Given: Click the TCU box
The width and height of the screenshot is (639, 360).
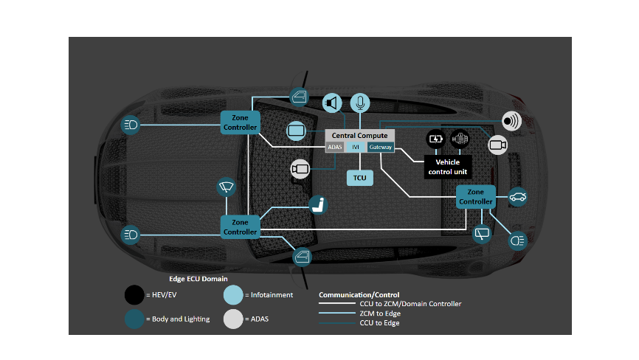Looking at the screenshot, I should [359, 178].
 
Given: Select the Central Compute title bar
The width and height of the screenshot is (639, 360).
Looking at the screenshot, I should [360, 136].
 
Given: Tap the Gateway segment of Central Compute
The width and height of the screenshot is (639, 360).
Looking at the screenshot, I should [381, 148].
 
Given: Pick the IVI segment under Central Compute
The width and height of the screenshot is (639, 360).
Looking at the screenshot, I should [356, 148].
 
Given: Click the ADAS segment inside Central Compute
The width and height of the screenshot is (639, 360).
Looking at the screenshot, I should [335, 148].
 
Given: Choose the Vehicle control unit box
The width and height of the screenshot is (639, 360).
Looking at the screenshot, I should [448, 167].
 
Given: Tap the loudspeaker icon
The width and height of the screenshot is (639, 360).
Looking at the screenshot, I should [332, 103].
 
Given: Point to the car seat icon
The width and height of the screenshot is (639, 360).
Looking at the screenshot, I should [318, 206].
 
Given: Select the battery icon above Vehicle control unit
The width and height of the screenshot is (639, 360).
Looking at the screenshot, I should [437, 138].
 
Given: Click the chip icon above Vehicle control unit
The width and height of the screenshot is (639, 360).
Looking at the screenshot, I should [460, 138].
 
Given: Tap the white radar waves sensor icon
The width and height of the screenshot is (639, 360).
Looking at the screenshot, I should [511, 121].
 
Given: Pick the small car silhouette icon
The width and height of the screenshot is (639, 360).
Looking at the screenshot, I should [519, 196].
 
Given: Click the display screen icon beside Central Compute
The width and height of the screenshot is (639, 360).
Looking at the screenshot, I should [297, 131].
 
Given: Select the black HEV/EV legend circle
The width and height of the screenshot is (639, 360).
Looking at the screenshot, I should [134, 294].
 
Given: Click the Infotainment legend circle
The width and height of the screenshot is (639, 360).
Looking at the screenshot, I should [233, 294].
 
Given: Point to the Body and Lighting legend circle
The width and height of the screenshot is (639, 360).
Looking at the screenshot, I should [134, 318].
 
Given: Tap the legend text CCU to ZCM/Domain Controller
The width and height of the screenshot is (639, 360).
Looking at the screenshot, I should [410, 304].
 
